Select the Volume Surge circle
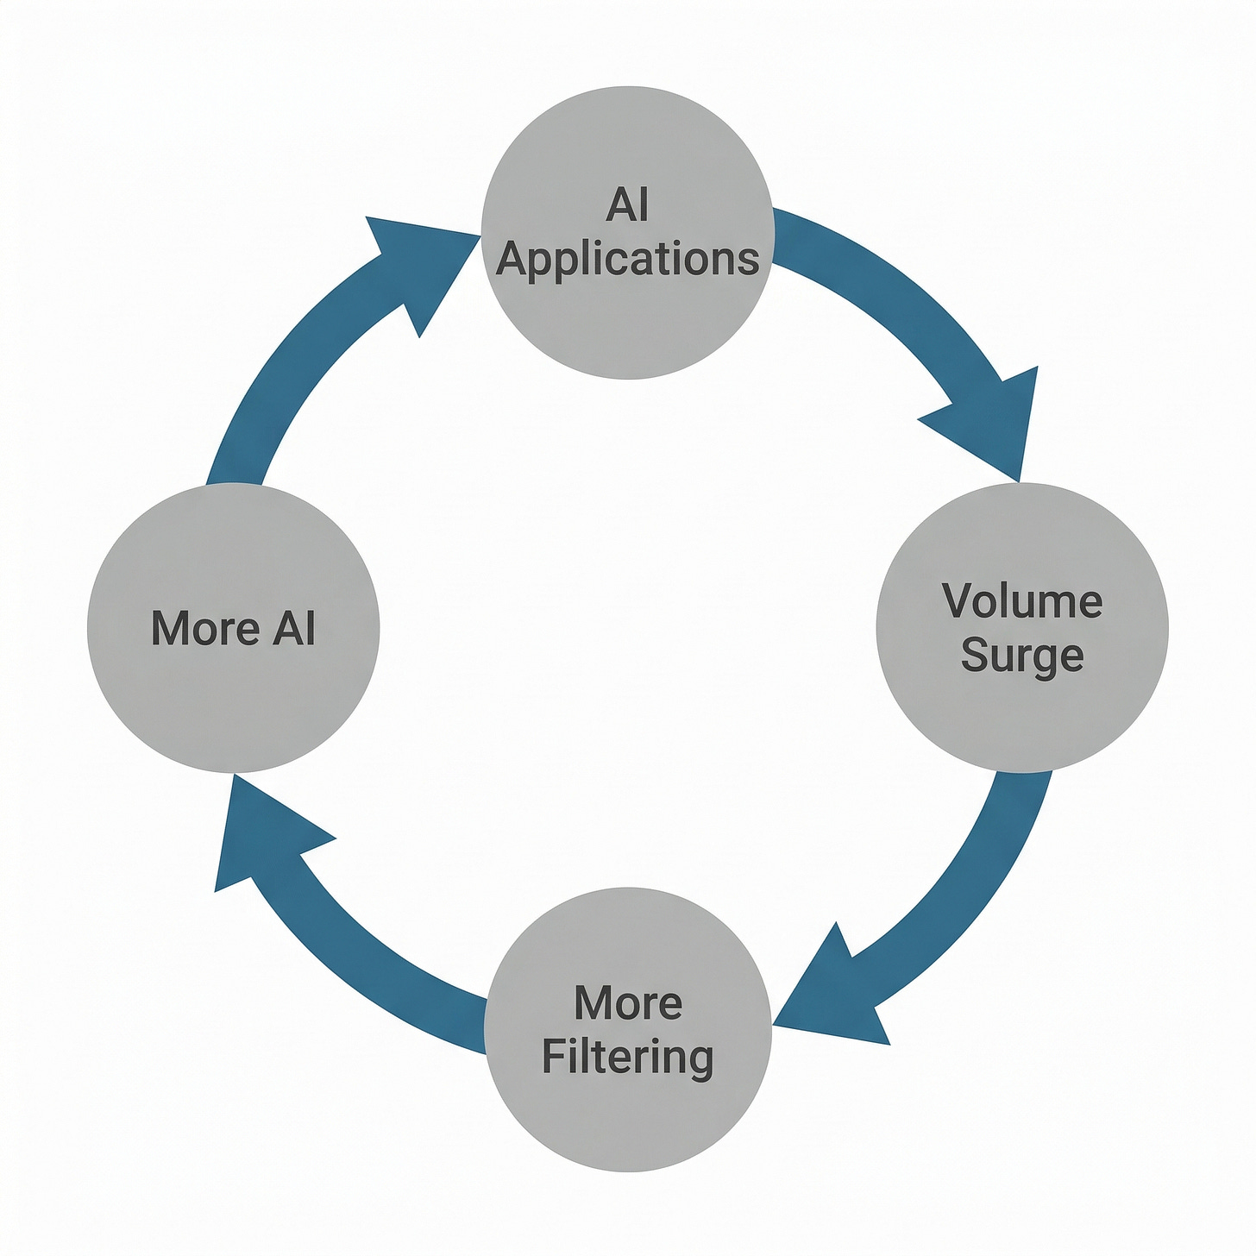pos(1022,725)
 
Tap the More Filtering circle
pos(627,1121)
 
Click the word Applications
pos(627,259)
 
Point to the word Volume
pos(1022,601)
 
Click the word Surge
pos(1022,656)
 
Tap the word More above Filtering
pos(627,1003)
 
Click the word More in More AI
pos(204,628)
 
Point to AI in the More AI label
pos(294,628)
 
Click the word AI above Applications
pos(627,205)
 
